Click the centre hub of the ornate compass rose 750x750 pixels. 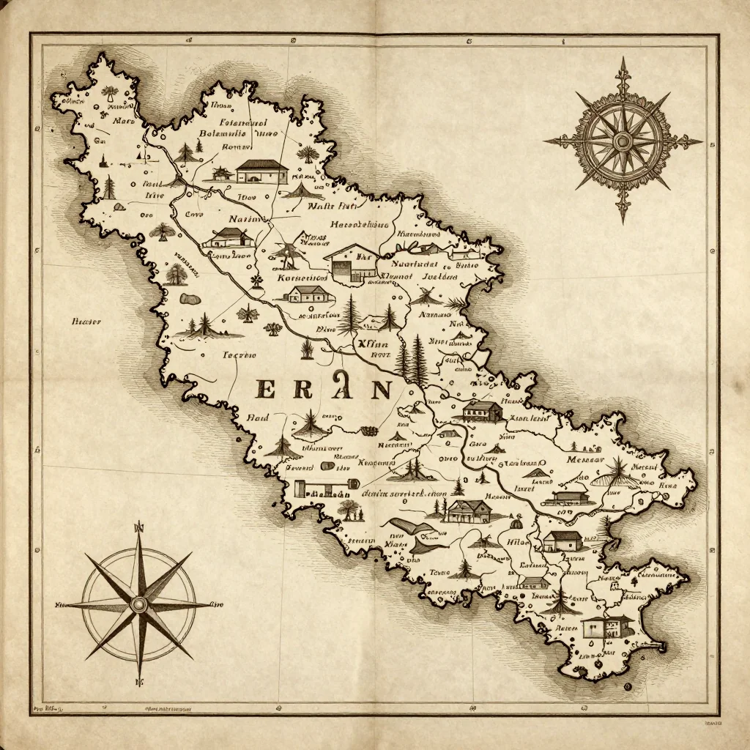(x=623, y=140)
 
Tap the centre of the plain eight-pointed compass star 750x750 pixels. (x=139, y=605)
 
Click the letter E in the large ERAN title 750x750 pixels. (x=268, y=389)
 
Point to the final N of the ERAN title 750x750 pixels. (x=381, y=389)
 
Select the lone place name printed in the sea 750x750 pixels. (x=86, y=321)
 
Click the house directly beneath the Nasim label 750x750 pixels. (x=229, y=237)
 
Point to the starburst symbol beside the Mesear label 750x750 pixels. (x=619, y=469)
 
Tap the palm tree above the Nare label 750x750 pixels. (x=110, y=93)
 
